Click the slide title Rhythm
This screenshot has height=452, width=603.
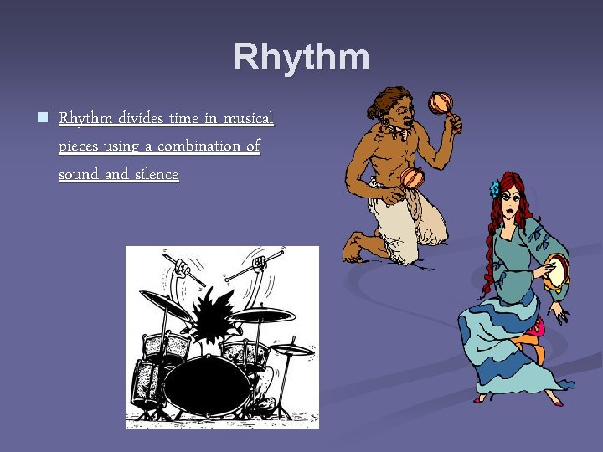click(x=301, y=58)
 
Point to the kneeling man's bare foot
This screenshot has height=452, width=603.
click(x=356, y=248)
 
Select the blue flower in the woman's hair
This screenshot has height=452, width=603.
click(x=495, y=188)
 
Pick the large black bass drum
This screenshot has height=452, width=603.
click(x=206, y=384)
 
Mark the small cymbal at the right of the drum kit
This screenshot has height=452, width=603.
click(x=293, y=349)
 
